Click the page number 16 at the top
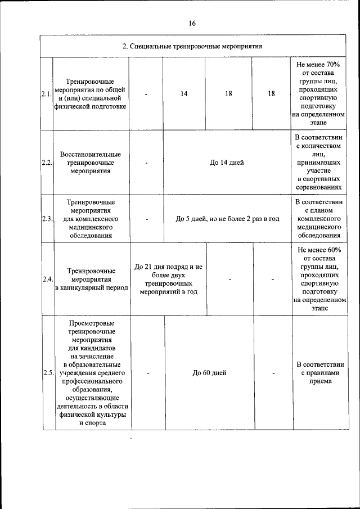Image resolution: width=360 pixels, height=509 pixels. (x=192, y=24)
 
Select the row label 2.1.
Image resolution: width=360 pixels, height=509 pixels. (x=46, y=94)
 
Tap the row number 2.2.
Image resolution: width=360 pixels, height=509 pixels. (x=47, y=163)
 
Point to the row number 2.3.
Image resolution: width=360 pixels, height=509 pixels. (x=47, y=219)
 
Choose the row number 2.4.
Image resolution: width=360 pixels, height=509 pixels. (x=47, y=278)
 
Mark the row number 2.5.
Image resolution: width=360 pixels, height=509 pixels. (x=48, y=372)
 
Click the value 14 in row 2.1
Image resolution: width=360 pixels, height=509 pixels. (x=184, y=94)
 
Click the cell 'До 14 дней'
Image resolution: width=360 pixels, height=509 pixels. (x=227, y=163)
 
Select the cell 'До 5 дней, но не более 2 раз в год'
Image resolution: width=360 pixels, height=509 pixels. (x=227, y=219)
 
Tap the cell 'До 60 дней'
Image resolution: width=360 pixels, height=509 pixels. (x=209, y=372)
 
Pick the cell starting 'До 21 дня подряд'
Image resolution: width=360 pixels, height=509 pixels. (x=168, y=278)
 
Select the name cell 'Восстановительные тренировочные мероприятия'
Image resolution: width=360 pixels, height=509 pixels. (x=91, y=163)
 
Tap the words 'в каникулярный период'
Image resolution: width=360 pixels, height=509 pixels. (x=91, y=287)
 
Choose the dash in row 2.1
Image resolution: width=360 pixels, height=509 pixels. (x=146, y=94)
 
